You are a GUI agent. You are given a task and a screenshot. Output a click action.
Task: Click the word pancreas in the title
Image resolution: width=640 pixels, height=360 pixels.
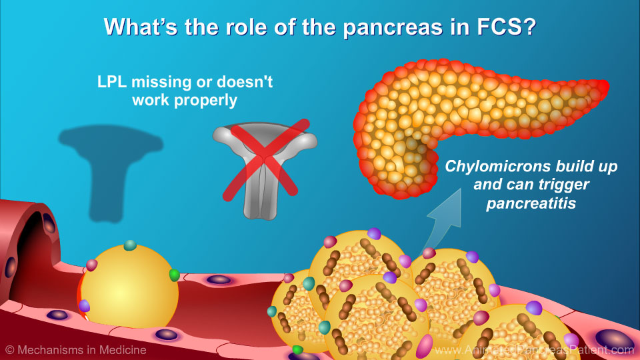click(393, 28)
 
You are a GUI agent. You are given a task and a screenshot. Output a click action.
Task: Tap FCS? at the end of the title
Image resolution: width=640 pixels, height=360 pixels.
click(506, 27)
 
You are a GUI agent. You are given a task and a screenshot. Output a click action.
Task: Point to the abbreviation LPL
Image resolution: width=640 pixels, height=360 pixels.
click(112, 82)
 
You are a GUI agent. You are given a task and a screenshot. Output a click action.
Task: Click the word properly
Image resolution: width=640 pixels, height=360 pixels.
click(206, 101)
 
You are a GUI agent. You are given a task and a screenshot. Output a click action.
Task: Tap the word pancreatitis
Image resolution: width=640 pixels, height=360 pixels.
click(531, 203)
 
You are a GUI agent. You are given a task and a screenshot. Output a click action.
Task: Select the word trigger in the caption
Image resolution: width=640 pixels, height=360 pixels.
click(563, 185)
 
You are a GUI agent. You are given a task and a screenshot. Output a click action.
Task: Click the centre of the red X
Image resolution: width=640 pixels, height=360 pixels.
click(266, 159)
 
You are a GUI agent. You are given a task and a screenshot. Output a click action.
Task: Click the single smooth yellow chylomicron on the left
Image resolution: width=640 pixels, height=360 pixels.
click(129, 287)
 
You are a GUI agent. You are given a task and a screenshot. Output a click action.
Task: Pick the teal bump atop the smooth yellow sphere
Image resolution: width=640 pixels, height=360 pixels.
click(130, 245)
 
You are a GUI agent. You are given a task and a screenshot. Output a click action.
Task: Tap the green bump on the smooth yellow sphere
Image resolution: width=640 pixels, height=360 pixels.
click(174, 275)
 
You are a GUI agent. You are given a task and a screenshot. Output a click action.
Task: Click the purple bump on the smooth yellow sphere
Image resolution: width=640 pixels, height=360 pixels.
click(84, 305)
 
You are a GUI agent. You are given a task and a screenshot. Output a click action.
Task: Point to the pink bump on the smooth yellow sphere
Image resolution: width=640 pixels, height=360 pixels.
click(91, 265)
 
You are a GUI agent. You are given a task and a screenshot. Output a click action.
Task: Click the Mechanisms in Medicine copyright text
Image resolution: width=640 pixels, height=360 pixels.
click(76, 350)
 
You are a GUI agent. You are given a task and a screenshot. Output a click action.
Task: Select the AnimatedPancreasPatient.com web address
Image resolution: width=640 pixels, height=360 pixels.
click(534, 350)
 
